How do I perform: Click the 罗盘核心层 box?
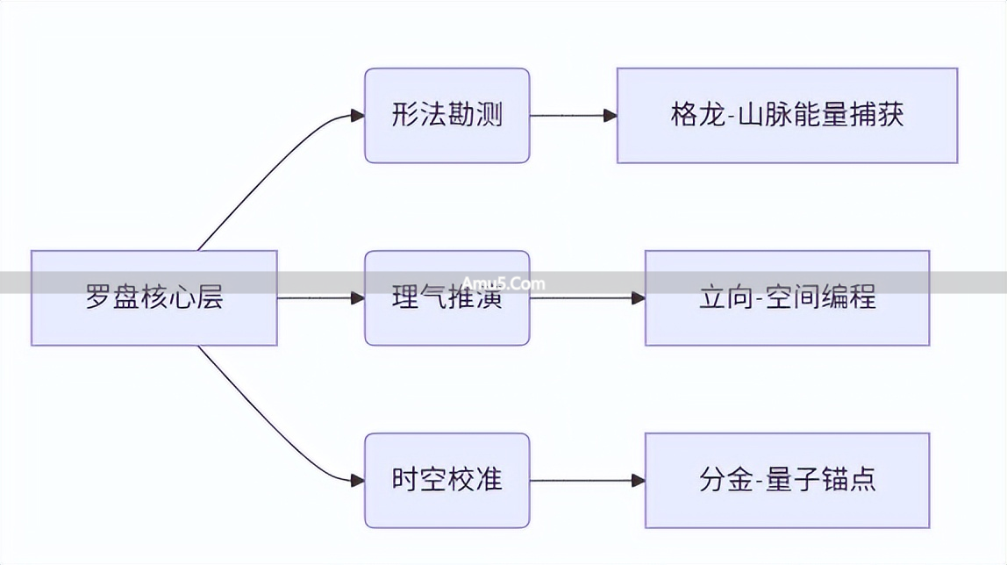[154, 297]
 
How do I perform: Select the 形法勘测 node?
[446, 116]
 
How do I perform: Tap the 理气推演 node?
[446, 297]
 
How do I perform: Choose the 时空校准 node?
[446, 480]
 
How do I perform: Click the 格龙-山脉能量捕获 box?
[787, 116]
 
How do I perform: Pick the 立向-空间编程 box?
[787, 297]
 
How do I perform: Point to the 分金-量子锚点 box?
[787, 480]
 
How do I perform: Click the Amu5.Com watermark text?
[503, 282]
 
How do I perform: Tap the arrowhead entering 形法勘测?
[357, 116]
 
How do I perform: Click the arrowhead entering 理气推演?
[357, 298]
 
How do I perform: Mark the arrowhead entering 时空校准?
[357, 480]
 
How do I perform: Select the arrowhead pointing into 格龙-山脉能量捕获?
[610, 116]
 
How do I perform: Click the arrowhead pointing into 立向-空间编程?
[638, 298]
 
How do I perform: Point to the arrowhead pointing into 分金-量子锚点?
[638, 480]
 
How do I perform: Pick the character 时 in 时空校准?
[404, 480]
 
